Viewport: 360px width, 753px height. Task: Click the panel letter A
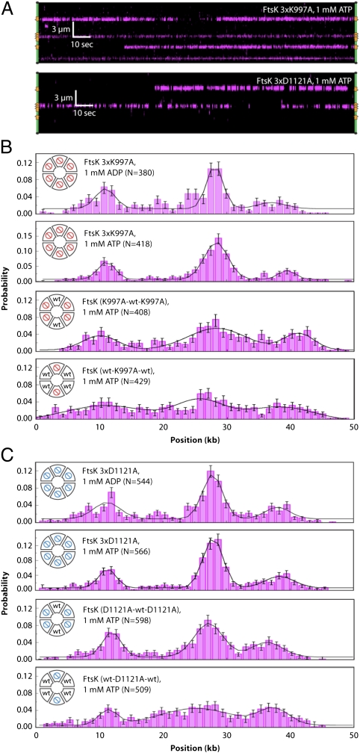pos(7,6)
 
